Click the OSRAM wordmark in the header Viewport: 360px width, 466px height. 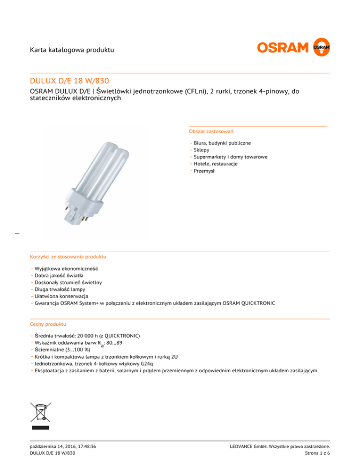click(283, 47)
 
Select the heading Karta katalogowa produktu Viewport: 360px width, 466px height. click(72, 50)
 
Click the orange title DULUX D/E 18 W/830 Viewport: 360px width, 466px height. click(69, 81)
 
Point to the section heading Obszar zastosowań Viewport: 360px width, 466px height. click(212, 132)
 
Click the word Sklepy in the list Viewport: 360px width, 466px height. click(202, 150)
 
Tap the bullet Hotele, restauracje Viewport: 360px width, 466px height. click(215, 164)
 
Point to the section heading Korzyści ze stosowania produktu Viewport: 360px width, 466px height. click(67, 257)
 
